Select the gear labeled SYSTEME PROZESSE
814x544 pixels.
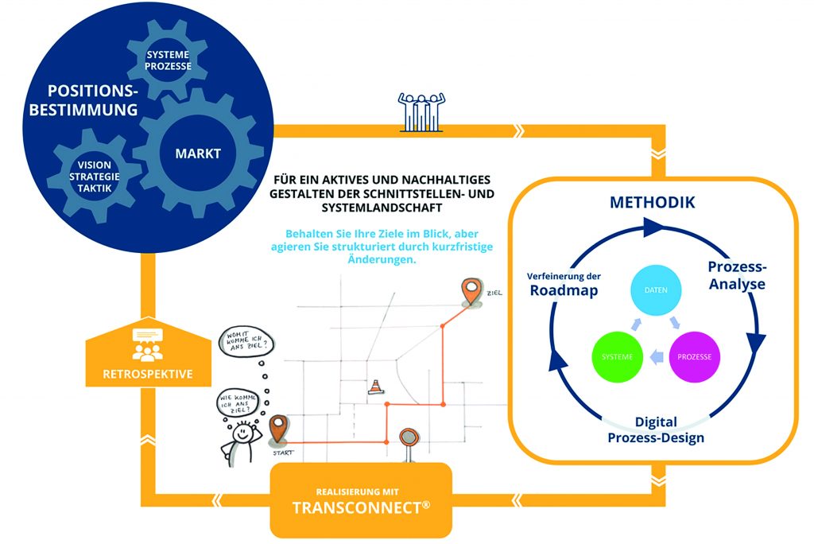click(x=168, y=60)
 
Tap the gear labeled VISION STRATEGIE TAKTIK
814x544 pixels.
click(x=89, y=176)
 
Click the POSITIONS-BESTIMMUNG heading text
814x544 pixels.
click(x=83, y=100)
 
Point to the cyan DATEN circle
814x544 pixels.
click(x=656, y=291)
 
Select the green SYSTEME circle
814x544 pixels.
click(x=617, y=356)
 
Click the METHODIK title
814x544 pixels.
click(x=652, y=202)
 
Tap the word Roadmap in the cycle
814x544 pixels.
click(x=564, y=290)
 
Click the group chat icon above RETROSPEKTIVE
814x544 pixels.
click(x=147, y=344)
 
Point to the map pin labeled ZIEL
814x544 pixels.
click(x=472, y=293)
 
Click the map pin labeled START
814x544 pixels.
click(x=278, y=429)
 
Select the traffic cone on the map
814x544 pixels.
click(x=374, y=387)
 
